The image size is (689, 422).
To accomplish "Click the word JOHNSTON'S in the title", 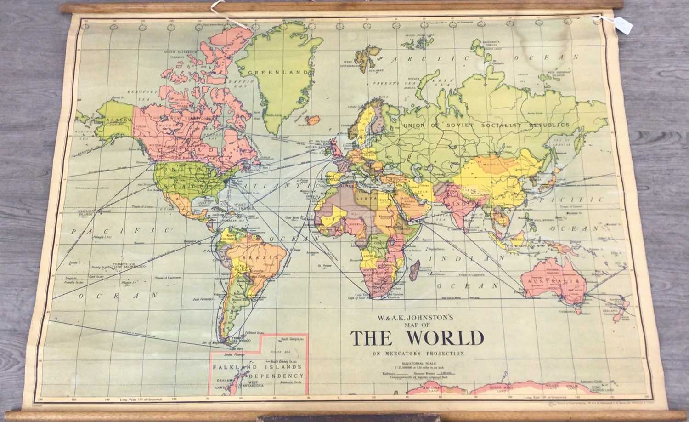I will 423,317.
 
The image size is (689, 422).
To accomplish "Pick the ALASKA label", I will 113,121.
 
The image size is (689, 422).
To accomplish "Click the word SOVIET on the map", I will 466,125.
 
